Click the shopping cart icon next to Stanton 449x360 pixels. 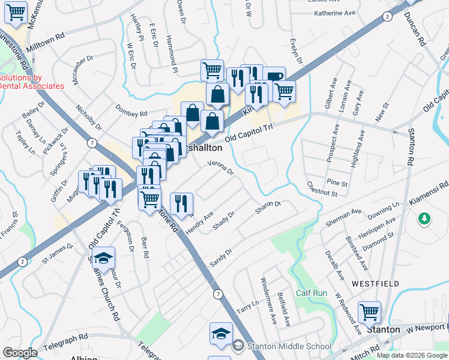point(369,312)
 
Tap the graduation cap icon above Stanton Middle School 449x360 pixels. point(220,333)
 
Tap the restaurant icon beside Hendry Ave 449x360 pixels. point(181,203)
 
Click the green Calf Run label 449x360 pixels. point(311,293)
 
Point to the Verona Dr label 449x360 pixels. point(220,167)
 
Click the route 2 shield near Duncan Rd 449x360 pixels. point(388,17)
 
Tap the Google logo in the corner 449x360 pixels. point(20,353)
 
